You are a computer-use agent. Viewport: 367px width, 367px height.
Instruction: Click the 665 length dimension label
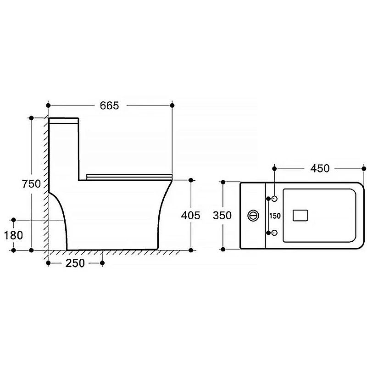pyautogui.click(x=109, y=106)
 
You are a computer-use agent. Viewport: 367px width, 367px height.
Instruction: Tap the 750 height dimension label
pyautogui.click(x=31, y=184)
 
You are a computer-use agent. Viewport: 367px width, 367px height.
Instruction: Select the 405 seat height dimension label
pyautogui.click(x=190, y=215)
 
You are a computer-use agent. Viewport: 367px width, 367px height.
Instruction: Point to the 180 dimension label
pyautogui.click(x=14, y=235)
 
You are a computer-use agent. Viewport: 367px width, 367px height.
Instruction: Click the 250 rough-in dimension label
pyautogui.click(x=75, y=263)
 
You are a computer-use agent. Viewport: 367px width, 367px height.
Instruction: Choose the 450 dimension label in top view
pyautogui.click(x=320, y=168)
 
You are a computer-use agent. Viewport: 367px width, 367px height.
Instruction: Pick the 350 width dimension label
pyautogui.click(x=222, y=215)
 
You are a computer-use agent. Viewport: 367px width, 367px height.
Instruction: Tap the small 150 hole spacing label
pyautogui.click(x=275, y=216)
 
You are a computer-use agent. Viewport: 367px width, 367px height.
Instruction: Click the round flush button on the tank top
pyautogui.click(x=253, y=215)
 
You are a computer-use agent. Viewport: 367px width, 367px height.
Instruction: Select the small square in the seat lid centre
pyautogui.click(x=300, y=215)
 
